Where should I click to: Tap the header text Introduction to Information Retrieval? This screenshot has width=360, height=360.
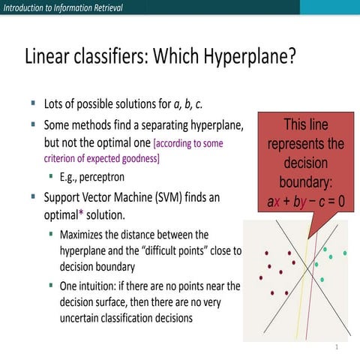61,7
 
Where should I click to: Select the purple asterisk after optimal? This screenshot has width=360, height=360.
80,213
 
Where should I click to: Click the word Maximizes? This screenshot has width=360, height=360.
85,235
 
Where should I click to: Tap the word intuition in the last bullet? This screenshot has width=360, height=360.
99,286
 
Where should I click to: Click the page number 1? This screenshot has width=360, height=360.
337,348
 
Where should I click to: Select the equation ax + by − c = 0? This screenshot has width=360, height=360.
305,201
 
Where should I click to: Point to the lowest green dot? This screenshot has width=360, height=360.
322,279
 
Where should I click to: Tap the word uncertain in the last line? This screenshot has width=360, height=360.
84,317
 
